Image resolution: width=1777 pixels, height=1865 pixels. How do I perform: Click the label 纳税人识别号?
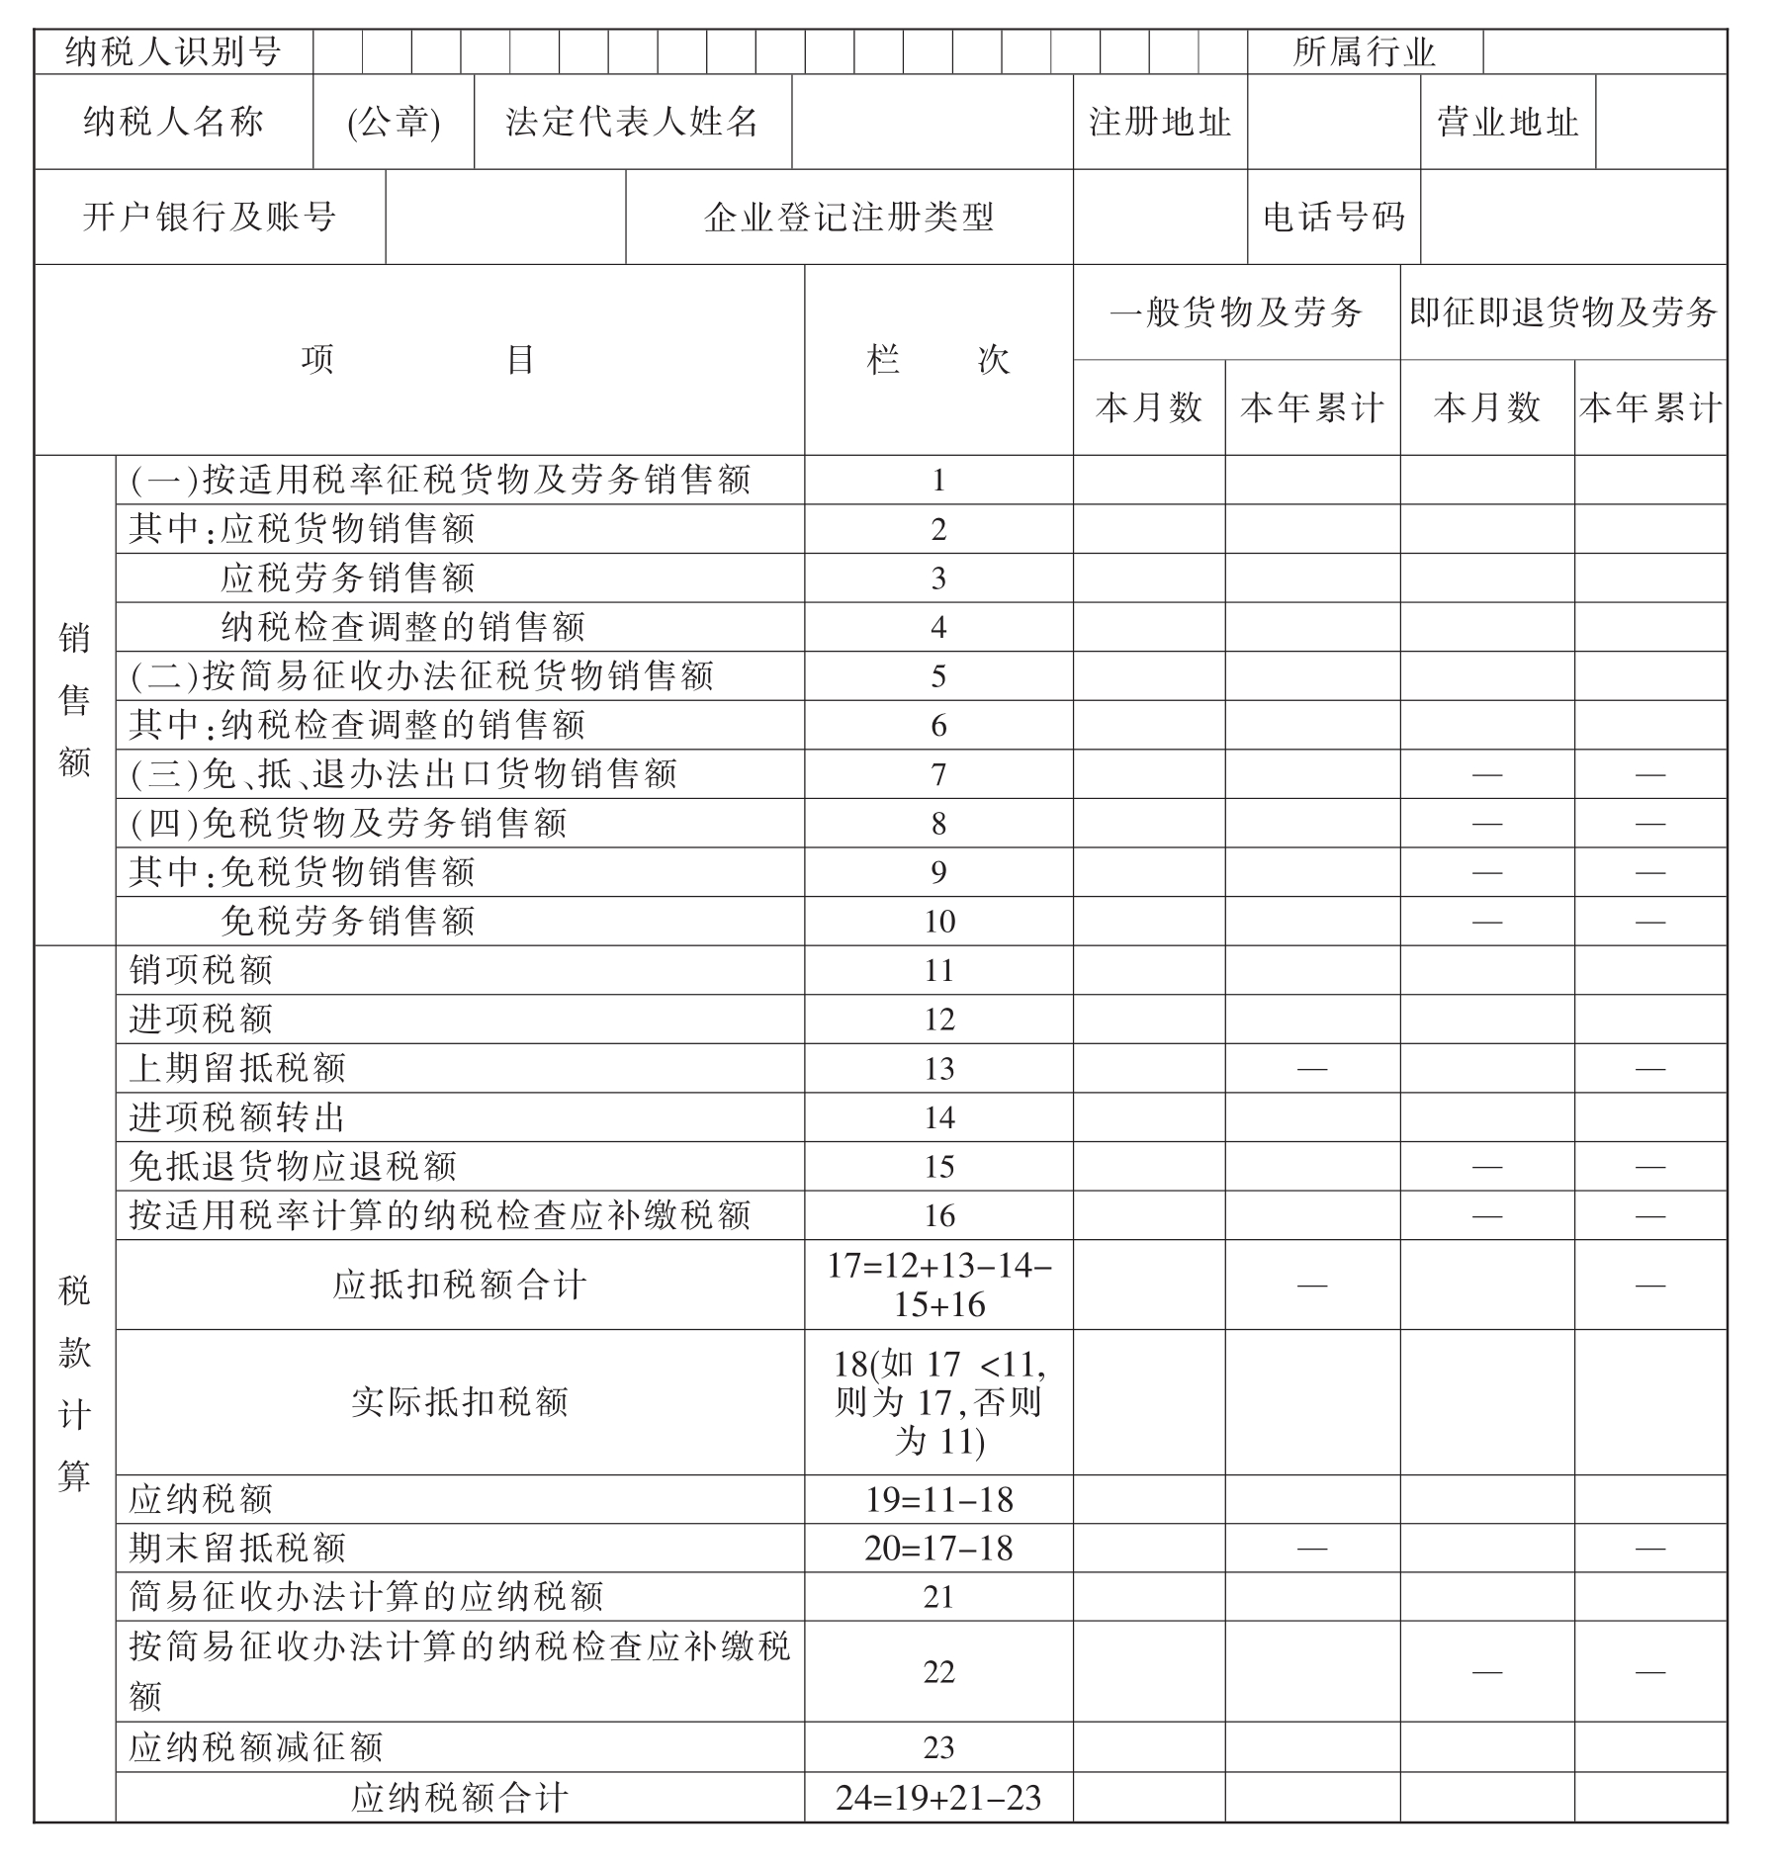click(x=173, y=51)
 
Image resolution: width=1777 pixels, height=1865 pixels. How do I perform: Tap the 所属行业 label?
click(x=1364, y=51)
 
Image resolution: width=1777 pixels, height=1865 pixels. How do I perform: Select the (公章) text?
click(x=394, y=122)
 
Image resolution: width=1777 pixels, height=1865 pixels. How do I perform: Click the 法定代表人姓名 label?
click(x=632, y=122)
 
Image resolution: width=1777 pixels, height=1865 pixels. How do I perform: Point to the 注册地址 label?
click(x=1159, y=122)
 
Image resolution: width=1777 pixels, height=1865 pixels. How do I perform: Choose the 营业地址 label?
click(x=1507, y=122)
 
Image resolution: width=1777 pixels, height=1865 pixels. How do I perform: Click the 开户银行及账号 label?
click(x=210, y=217)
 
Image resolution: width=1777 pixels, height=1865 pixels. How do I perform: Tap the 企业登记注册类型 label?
click(x=848, y=217)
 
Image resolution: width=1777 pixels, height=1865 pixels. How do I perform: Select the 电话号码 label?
click(x=1333, y=217)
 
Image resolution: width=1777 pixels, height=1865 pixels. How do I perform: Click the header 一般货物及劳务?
click(x=1236, y=312)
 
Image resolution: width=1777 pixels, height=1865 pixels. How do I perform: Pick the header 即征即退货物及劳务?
click(x=1562, y=312)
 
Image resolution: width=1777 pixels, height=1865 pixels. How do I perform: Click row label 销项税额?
click(x=201, y=970)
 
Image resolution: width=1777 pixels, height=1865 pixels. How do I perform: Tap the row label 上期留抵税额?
click(x=237, y=1068)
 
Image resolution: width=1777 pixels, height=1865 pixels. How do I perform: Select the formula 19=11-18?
click(x=938, y=1499)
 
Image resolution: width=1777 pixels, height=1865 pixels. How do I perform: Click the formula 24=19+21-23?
click(x=938, y=1797)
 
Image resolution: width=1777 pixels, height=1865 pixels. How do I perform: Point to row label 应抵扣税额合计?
click(x=460, y=1285)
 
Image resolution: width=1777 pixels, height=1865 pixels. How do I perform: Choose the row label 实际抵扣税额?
click(x=460, y=1401)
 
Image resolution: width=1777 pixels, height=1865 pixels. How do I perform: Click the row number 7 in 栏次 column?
click(x=938, y=774)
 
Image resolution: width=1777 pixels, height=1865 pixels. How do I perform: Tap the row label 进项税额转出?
click(x=237, y=1117)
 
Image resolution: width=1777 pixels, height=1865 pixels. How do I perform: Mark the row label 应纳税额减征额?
click(x=256, y=1747)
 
